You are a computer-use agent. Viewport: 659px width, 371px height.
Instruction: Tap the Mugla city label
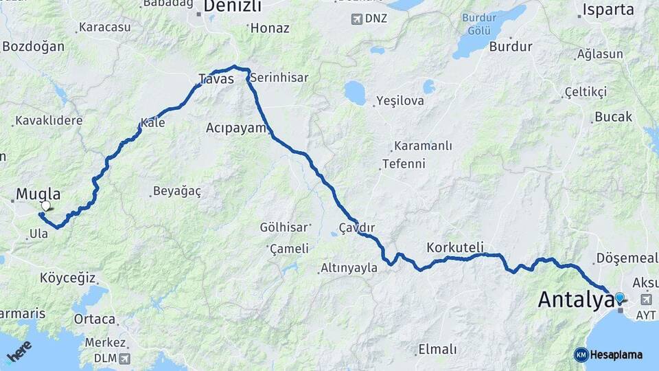(x=38, y=194)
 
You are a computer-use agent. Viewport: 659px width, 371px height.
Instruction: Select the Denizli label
(x=233, y=7)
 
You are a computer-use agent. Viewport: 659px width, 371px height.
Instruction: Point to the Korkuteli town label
(x=455, y=247)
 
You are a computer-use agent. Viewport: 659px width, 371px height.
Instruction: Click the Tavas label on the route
(x=216, y=79)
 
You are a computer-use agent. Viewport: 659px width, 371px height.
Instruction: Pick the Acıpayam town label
(x=235, y=128)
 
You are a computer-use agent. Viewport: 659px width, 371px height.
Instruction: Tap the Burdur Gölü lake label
(x=479, y=26)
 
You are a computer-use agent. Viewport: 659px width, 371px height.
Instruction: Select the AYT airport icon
(x=646, y=300)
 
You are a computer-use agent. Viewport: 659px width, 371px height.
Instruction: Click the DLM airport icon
(x=124, y=358)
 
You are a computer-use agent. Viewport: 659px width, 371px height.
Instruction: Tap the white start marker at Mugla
(x=45, y=205)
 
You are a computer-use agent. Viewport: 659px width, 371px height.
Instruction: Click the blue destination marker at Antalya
(x=620, y=297)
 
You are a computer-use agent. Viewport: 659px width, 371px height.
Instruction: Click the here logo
(x=19, y=352)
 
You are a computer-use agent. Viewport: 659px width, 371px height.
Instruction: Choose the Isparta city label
(x=608, y=10)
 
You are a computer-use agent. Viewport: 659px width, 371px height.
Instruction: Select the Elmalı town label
(x=437, y=350)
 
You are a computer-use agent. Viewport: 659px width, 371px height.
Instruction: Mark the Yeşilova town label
(x=400, y=101)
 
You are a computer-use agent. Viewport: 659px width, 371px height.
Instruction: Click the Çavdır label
(x=356, y=227)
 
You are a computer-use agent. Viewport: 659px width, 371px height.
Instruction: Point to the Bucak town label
(x=613, y=117)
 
